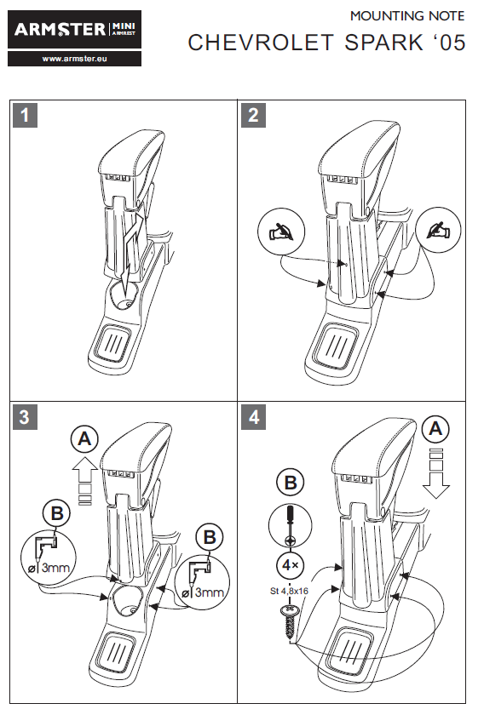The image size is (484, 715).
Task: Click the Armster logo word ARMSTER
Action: tap(60, 30)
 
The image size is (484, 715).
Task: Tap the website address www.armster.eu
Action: tap(74, 59)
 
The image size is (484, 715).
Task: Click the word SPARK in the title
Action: tap(384, 43)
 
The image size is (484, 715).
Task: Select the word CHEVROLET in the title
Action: tap(262, 43)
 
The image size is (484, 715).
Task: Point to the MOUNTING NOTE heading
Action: tap(407, 16)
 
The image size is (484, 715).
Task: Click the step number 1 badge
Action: tap(25, 115)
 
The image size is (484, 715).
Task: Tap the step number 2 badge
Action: tap(253, 115)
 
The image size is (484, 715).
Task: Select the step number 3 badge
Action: tap(25, 417)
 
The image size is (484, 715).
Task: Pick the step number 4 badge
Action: tap(253, 417)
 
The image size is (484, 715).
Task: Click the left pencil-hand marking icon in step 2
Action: tap(281, 232)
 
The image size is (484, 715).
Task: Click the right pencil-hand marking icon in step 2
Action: tap(438, 230)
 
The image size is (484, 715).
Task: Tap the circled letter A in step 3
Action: tap(84, 439)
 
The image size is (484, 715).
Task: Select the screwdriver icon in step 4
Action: tap(290, 527)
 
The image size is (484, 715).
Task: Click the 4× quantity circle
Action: tap(290, 565)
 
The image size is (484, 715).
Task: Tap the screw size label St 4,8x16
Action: tap(289, 591)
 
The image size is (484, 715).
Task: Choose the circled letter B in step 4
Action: tap(291, 482)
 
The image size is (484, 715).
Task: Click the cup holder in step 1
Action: tap(124, 295)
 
